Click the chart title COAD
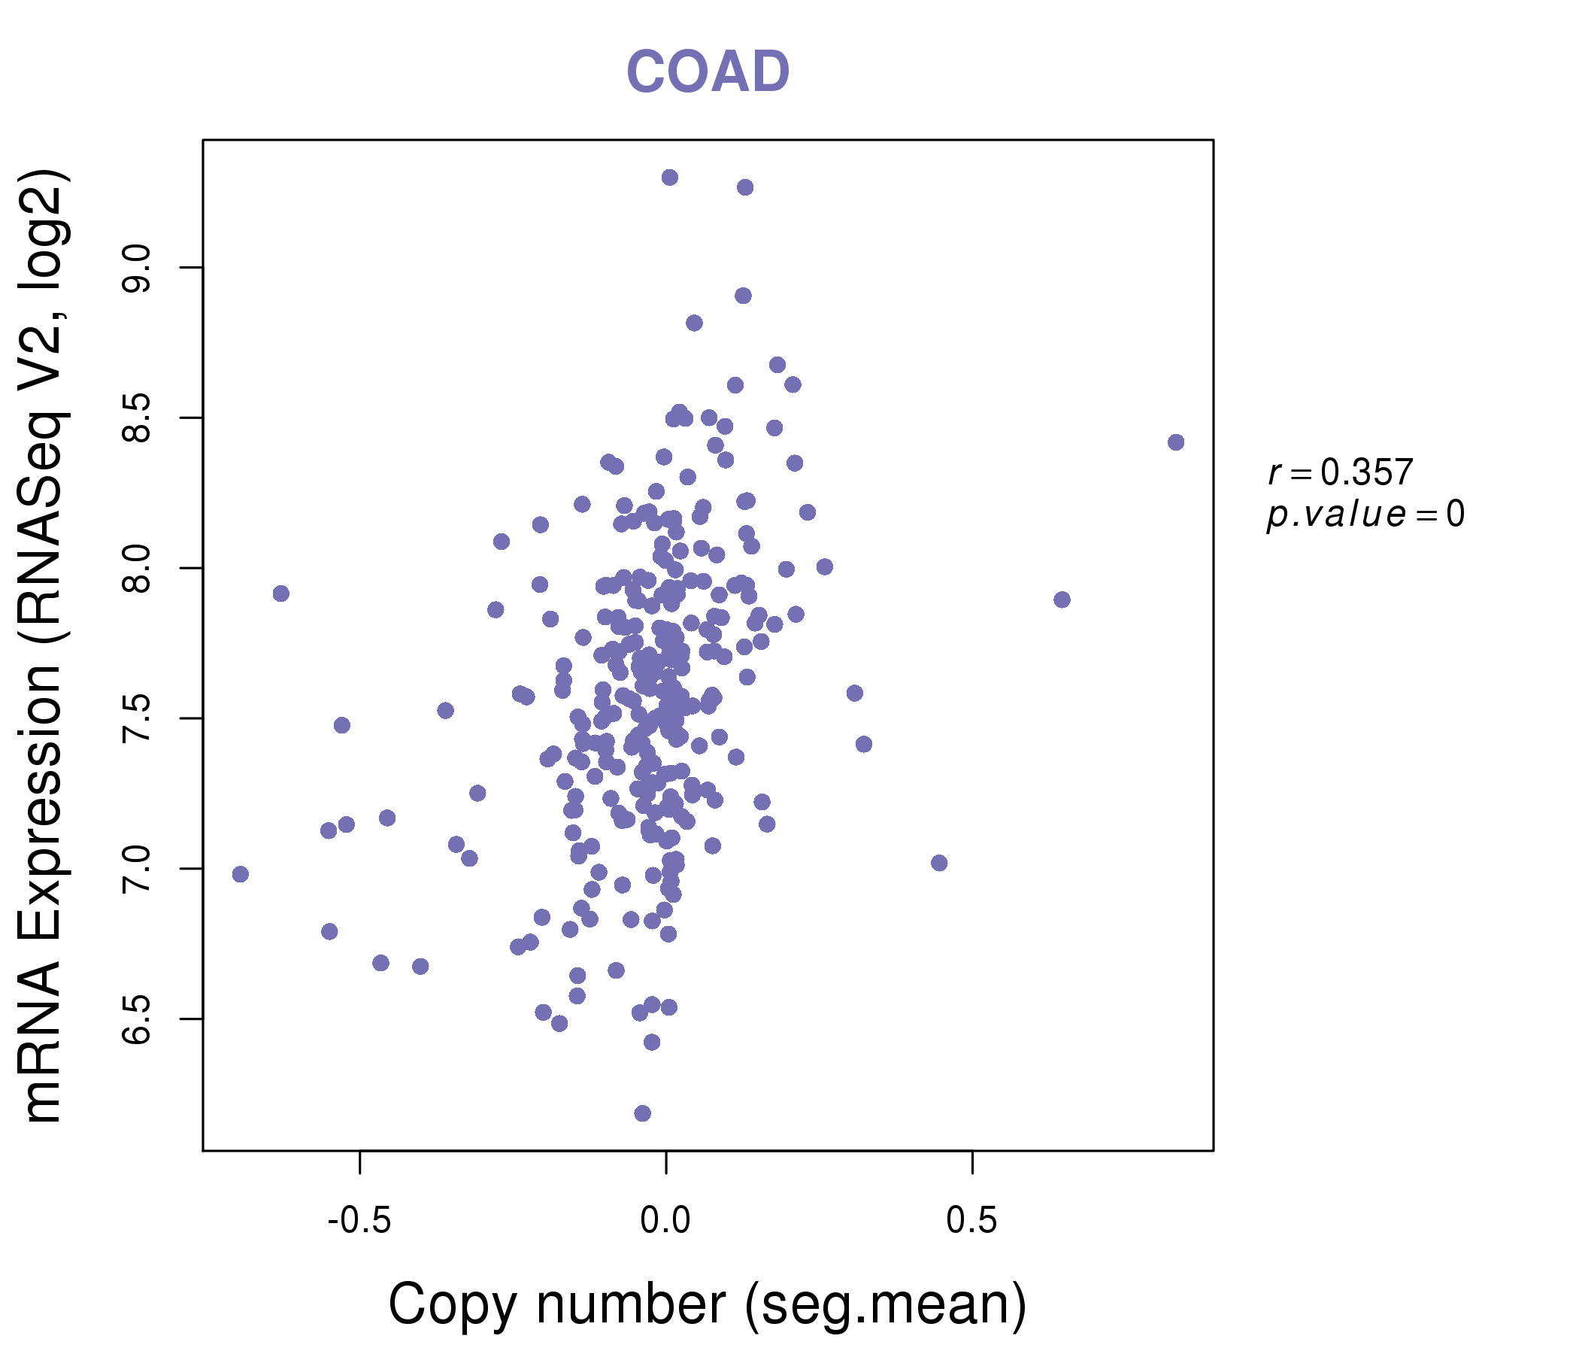pyautogui.click(x=708, y=72)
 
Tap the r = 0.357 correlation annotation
pyautogui.click(x=1341, y=472)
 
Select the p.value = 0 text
pyautogui.click(x=1365, y=515)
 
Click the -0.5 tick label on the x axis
pyautogui.click(x=359, y=1221)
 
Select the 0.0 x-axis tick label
pyautogui.click(x=665, y=1221)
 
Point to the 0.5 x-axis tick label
pyautogui.click(x=971, y=1221)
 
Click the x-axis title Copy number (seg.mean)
pyautogui.click(x=708, y=1304)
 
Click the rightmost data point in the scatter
pyautogui.click(x=1176, y=442)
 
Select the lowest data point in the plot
pyautogui.click(x=642, y=1113)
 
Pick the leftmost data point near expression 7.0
pyautogui.click(x=240, y=873)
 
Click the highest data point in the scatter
pyautogui.click(x=670, y=178)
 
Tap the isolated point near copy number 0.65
pyautogui.click(x=1062, y=600)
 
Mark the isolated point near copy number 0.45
pyautogui.click(x=939, y=863)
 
